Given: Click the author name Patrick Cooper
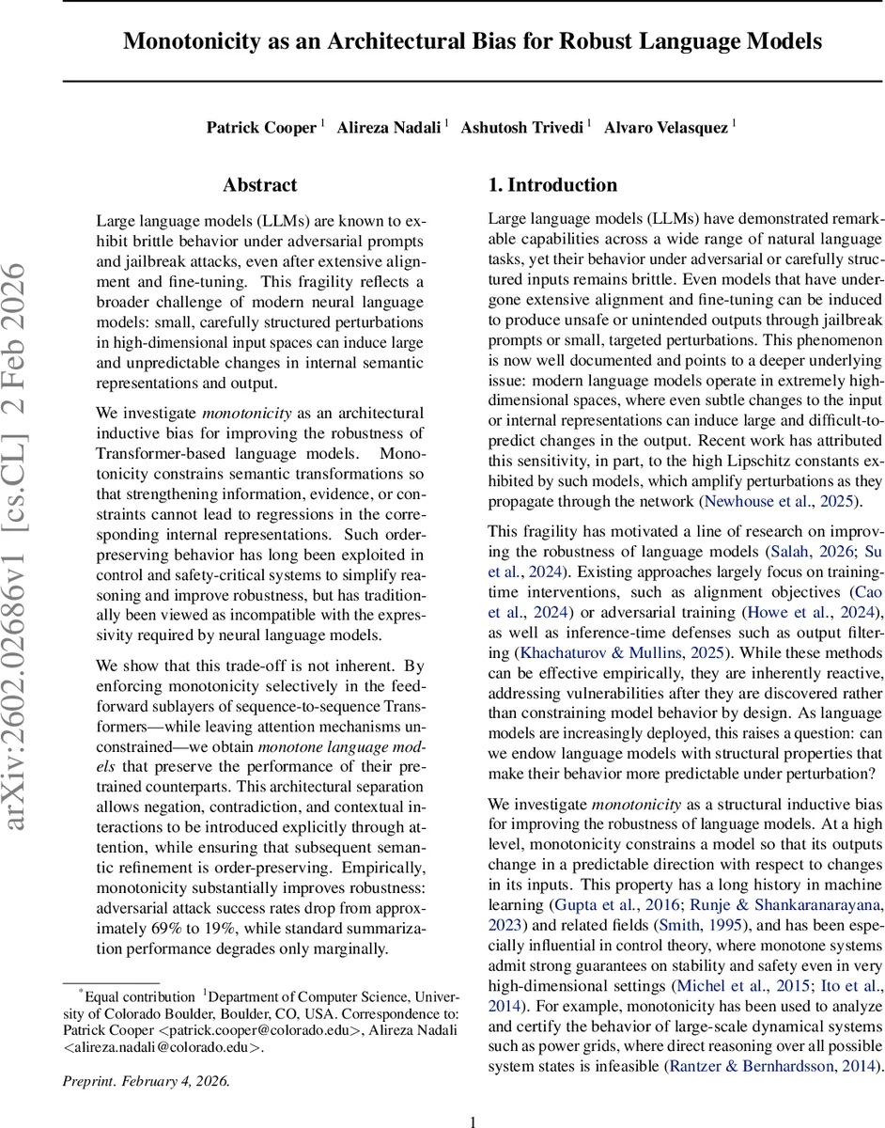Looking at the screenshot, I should click(x=261, y=128).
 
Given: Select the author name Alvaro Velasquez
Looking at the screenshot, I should click(x=665, y=128).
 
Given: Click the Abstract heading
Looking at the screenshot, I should click(x=260, y=185).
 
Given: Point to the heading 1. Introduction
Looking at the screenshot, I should click(x=552, y=185).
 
